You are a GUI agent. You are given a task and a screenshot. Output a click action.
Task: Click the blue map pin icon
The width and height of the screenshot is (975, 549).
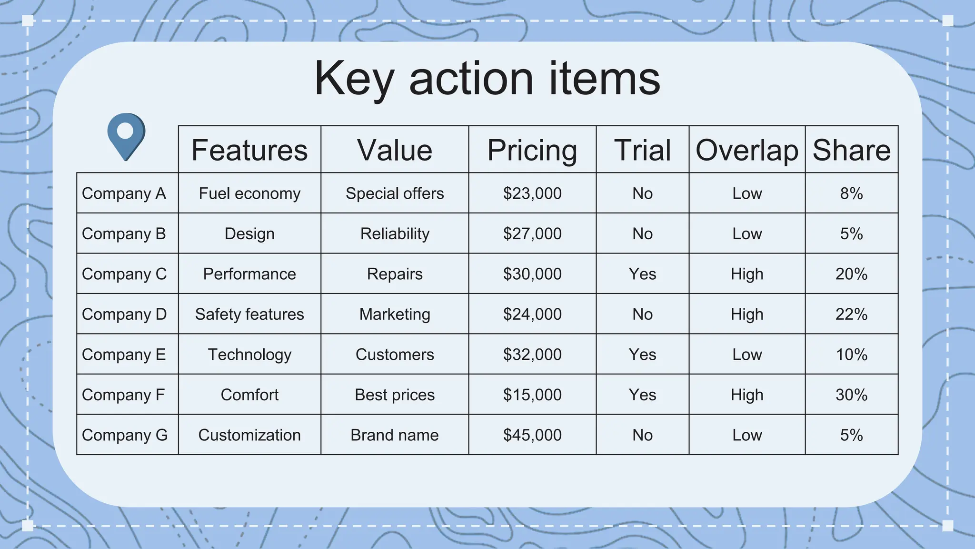pyautogui.click(x=126, y=135)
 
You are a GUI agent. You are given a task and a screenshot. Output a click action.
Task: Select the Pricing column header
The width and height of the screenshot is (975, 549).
pyautogui.click(x=532, y=150)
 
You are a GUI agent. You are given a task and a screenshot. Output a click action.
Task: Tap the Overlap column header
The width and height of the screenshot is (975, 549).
pyautogui.click(x=746, y=150)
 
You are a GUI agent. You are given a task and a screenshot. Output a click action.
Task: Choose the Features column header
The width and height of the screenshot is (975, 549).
pyautogui.click(x=249, y=150)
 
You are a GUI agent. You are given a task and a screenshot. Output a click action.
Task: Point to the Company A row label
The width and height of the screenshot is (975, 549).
pyautogui.click(x=124, y=193)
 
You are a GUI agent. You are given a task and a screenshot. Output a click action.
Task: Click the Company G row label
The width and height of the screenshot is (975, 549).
pyautogui.click(x=125, y=435)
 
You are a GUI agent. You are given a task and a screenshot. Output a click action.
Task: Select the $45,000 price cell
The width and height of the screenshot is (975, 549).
pyautogui.click(x=532, y=435)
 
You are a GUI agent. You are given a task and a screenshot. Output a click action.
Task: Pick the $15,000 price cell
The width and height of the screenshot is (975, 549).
pyautogui.click(x=532, y=395)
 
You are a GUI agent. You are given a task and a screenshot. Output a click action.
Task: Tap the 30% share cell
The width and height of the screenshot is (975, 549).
pyautogui.click(x=851, y=395)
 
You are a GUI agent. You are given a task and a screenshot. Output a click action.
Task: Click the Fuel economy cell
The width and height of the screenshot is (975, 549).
pyautogui.click(x=249, y=193)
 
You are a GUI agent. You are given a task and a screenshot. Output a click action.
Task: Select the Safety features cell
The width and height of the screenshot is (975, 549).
pyautogui.click(x=249, y=315)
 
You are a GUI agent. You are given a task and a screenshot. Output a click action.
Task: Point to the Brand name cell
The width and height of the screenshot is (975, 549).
pyautogui.click(x=395, y=435)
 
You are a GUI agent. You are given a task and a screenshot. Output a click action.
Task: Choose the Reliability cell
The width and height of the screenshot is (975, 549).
pyautogui.click(x=395, y=234)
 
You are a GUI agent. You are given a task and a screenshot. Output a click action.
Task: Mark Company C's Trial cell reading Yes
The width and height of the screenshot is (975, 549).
pyautogui.click(x=642, y=274)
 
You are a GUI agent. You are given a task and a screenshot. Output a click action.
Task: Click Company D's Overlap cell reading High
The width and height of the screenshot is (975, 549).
pyautogui.click(x=746, y=315)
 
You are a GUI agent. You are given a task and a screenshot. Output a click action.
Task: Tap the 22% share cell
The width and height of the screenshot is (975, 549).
pyautogui.click(x=851, y=315)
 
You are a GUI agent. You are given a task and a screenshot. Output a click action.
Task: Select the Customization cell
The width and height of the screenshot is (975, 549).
pyautogui.click(x=249, y=435)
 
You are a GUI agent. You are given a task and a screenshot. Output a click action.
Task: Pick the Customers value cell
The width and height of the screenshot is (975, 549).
pyautogui.click(x=395, y=355)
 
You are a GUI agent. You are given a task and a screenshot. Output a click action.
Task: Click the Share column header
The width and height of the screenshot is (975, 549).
pyautogui.click(x=851, y=150)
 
